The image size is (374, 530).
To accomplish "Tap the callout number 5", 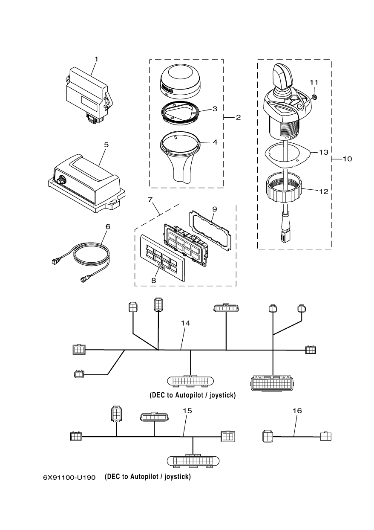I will (x=106, y=145).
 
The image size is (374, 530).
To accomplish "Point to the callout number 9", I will (x=214, y=209).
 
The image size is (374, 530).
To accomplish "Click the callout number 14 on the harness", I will (x=185, y=323).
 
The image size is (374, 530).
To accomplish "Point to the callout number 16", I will (x=297, y=411).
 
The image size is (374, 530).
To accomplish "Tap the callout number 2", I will (x=238, y=117).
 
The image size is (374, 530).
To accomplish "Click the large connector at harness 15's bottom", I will (x=193, y=461).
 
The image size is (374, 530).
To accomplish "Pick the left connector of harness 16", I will (x=267, y=436).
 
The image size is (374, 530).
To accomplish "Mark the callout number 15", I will (x=187, y=411).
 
